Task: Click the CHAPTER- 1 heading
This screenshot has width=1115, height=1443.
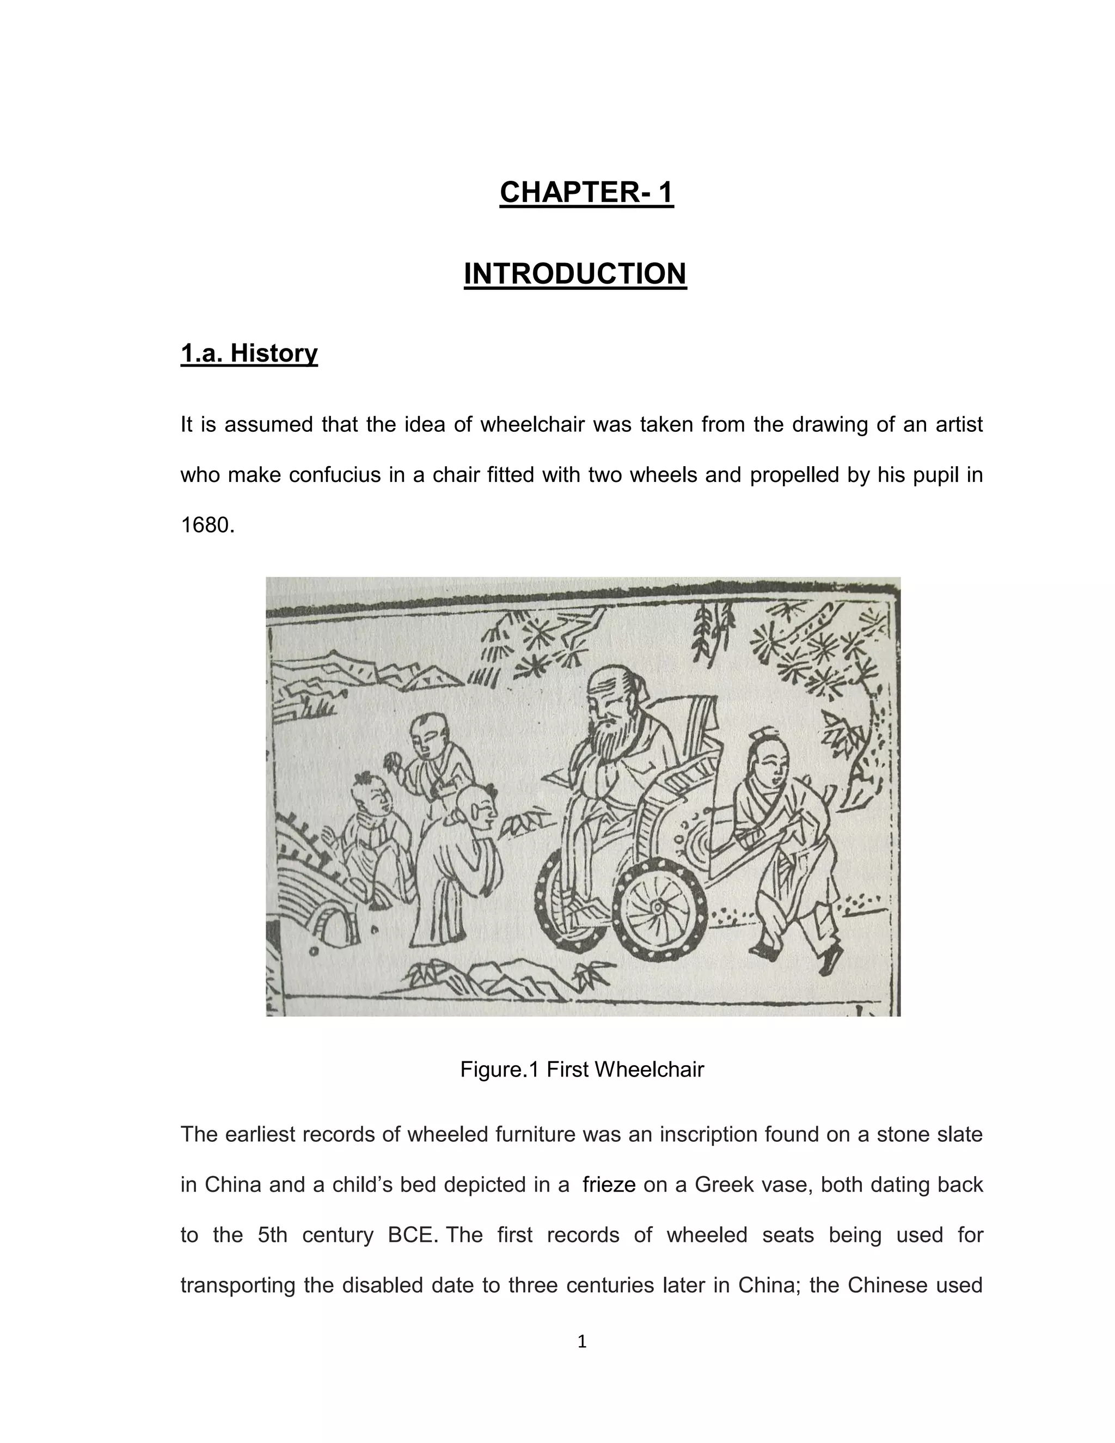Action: coord(586,192)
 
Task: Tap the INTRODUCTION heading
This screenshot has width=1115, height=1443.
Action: coord(575,273)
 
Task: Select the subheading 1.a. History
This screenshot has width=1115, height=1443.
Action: coord(249,353)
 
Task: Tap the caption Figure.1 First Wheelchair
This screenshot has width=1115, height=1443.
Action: coord(582,1069)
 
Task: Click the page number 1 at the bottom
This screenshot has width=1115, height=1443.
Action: coord(582,1342)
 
